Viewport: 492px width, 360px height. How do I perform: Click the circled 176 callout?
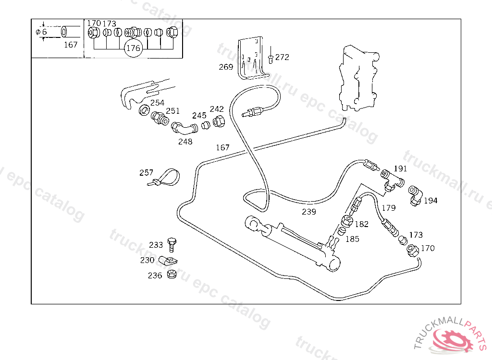click(x=133, y=48)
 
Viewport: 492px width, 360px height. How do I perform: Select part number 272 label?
click(x=282, y=57)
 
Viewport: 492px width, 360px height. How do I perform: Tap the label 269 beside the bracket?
click(x=226, y=67)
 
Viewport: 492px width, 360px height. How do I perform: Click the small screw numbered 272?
click(x=271, y=58)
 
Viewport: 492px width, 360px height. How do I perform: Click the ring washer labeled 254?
click(x=144, y=111)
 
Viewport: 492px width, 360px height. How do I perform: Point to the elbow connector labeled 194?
click(x=415, y=196)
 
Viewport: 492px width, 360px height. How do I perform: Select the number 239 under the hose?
click(x=309, y=212)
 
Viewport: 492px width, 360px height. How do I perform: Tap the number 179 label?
click(x=388, y=208)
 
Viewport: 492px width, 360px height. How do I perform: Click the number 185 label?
click(x=352, y=239)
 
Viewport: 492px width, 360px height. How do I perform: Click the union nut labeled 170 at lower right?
click(x=412, y=250)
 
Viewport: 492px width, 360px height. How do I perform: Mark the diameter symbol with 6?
click(x=41, y=32)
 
